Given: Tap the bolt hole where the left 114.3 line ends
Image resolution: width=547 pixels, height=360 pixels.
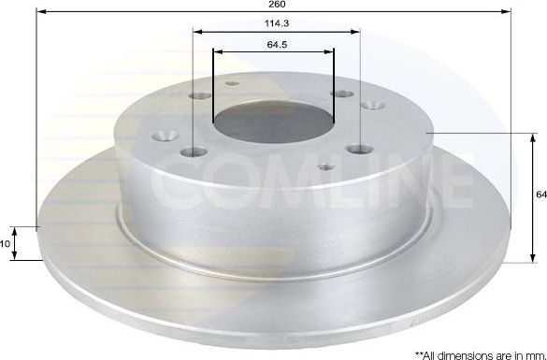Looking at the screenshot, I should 194,152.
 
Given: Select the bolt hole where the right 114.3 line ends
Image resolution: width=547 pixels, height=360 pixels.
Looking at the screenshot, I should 359,149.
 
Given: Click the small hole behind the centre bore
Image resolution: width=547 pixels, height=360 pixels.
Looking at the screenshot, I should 231,83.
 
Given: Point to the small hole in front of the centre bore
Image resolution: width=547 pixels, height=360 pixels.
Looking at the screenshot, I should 324,168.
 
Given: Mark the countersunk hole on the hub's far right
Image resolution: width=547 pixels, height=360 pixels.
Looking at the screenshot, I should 369,107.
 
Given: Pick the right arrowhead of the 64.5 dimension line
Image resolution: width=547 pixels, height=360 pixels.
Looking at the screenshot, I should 333,52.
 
